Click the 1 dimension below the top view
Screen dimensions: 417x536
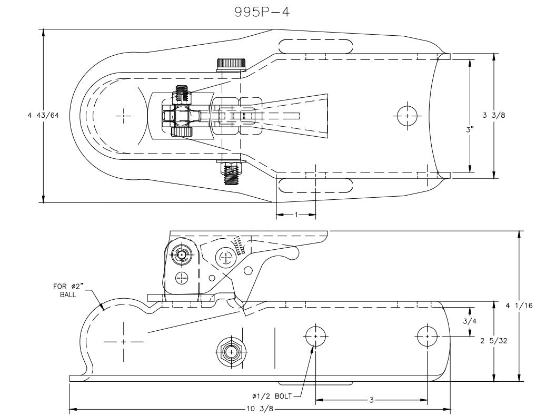point(296,215)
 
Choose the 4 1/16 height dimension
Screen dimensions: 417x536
point(520,306)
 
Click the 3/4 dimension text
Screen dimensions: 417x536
point(468,321)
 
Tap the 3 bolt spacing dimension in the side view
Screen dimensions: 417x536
point(371,400)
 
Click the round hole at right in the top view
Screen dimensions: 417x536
point(407,116)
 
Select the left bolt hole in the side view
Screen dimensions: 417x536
point(315,335)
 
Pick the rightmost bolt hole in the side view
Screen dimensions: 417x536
point(426,335)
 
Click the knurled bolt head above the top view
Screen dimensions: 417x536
point(232,64)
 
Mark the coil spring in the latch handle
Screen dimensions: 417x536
point(240,245)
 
